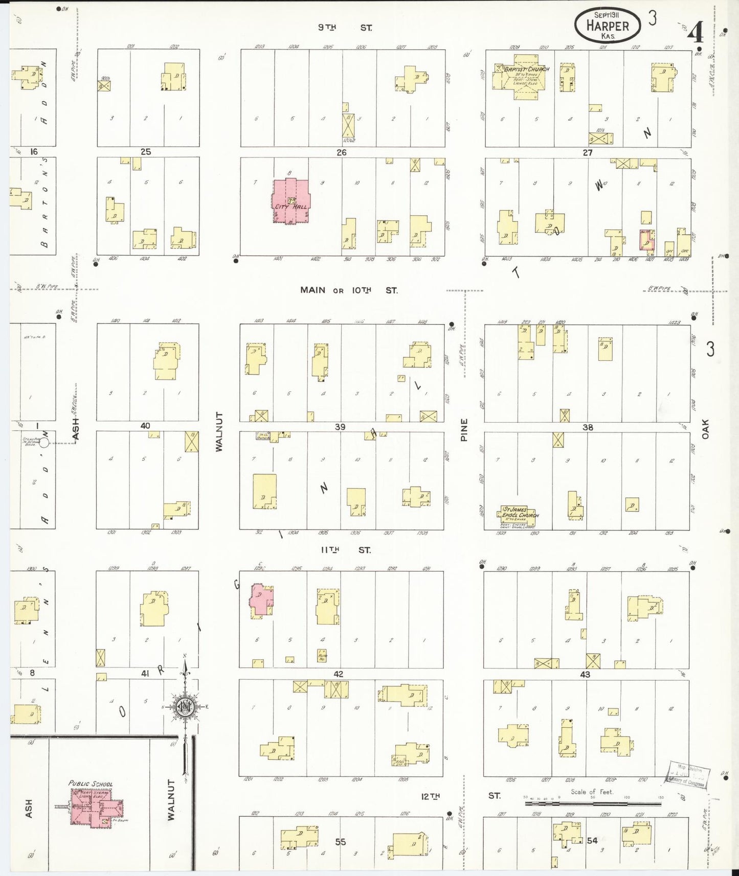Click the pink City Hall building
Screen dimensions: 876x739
coord(290,201)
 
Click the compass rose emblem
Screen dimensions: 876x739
coord(185,707)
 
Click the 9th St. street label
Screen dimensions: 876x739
coord(345,28)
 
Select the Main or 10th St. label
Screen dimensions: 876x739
coord(349,290)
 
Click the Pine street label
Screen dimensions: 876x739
coord(464,430)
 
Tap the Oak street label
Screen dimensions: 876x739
coord(705,429)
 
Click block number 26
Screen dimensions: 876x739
coord(341,152)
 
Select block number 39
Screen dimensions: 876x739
coord(340,427)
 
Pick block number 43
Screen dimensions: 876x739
coord(585,675)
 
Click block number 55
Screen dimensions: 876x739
coord(340,841)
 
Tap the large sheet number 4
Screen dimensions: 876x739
coord(695,33)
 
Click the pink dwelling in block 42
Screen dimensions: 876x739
coord(261,601)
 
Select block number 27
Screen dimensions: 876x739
coord(588,152)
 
